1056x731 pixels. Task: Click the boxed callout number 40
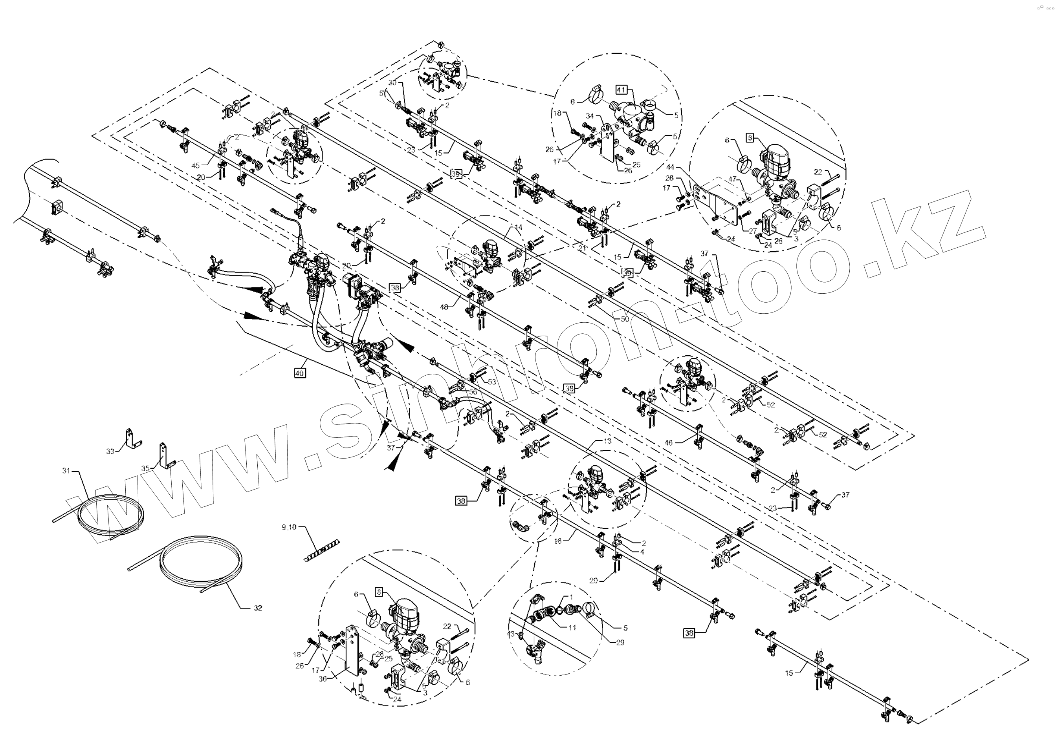(x=299, y=373)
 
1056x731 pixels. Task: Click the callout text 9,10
(x=289, y=528)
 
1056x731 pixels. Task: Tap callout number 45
(x=196, y=165)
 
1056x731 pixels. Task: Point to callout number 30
(x=392, y=83)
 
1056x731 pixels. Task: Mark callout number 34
(x=590, y=116)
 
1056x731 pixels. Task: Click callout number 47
(x=732, y=179)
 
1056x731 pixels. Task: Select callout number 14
(x=518, y=227)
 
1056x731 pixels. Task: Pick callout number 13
(x=607, y=442)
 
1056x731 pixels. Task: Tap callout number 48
(x=444, y=307)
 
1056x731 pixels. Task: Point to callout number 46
(x=669, y=443)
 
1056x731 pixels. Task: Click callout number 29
(x=620, y=643)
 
